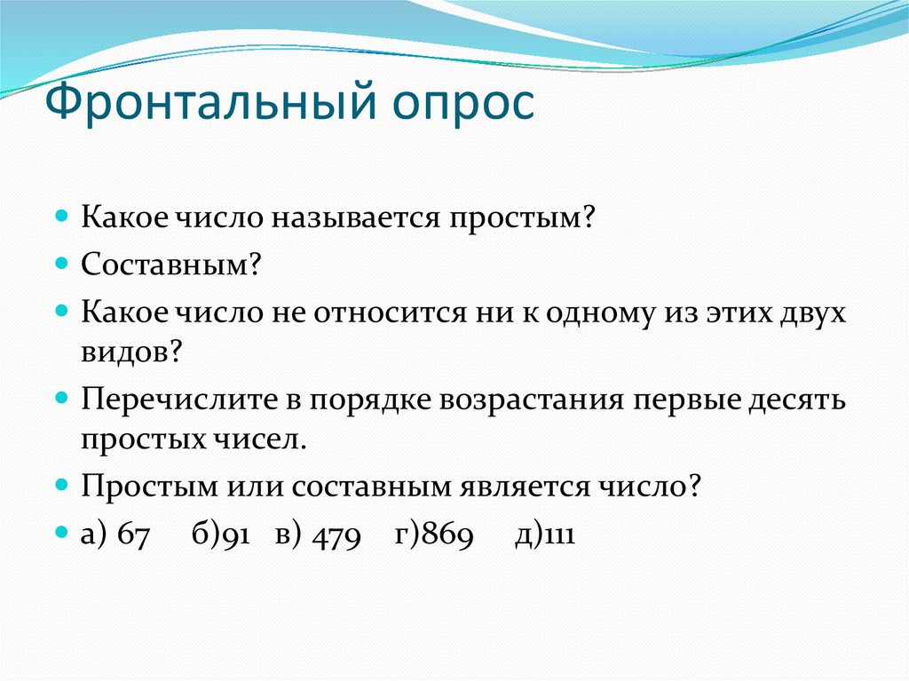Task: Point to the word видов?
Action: click(x=133, y=352)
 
